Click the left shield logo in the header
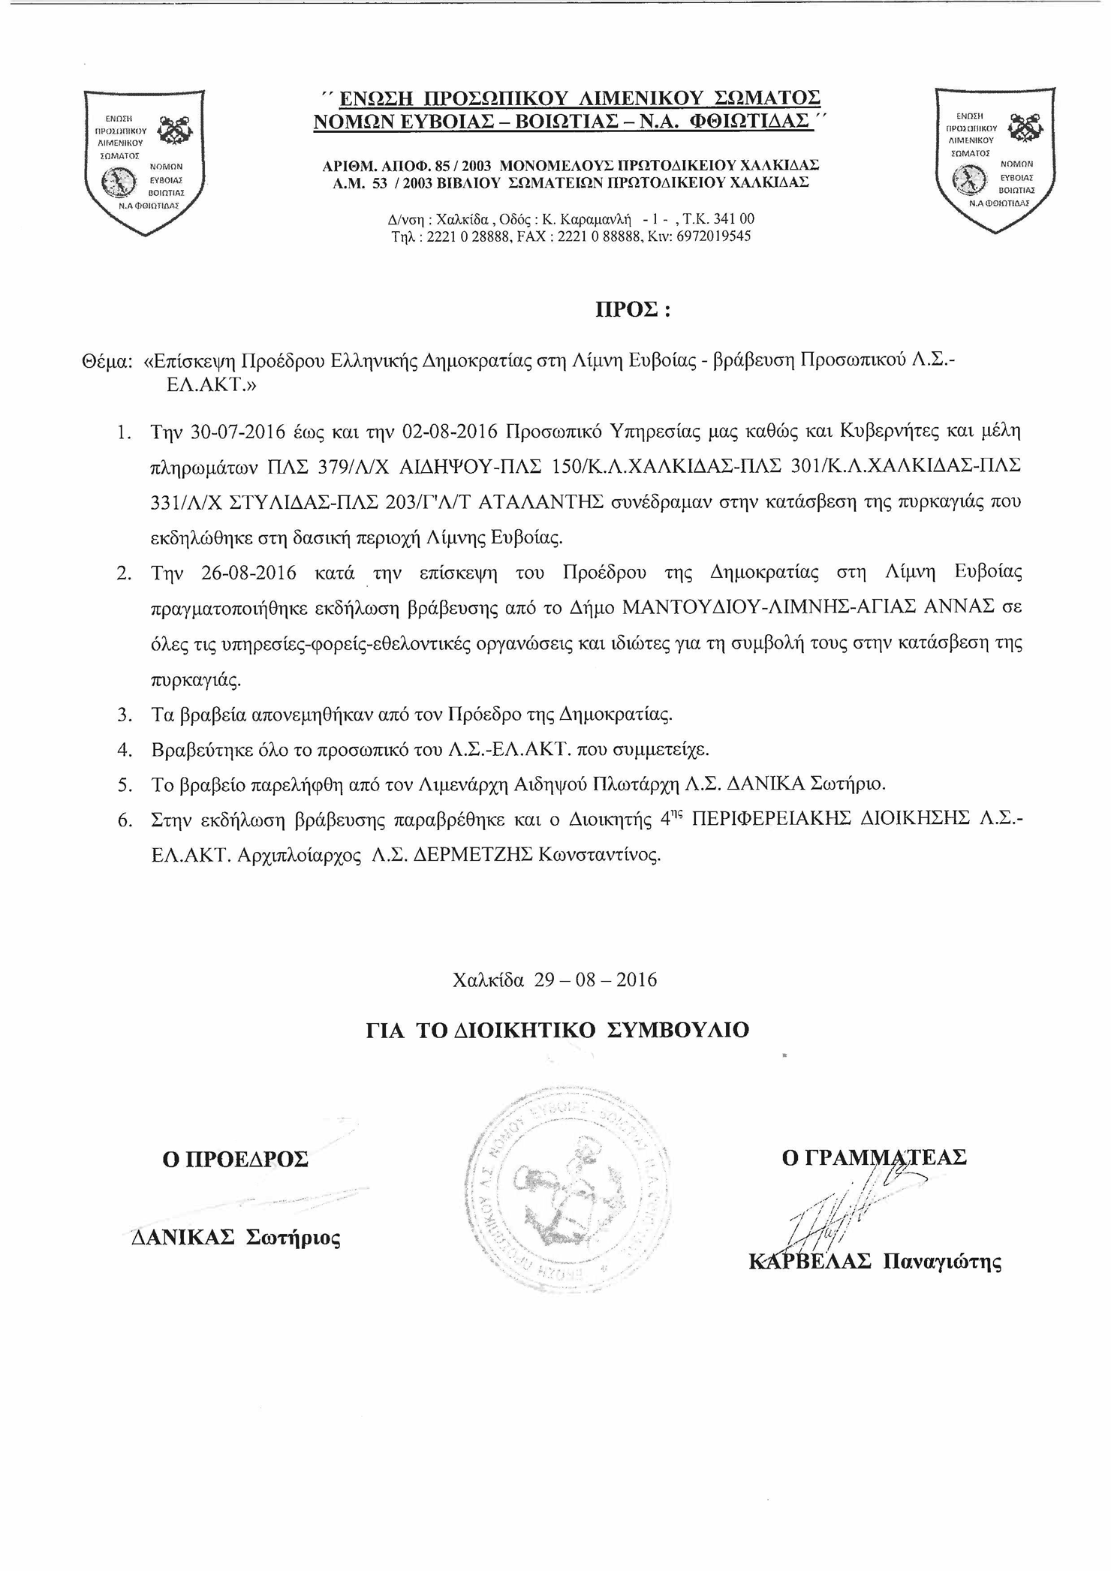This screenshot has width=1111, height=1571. (x=143, y=161)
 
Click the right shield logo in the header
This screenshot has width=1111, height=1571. (x=994, y=159)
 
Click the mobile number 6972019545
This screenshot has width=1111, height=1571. (x=712, y=236)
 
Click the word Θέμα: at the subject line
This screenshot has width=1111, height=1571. (x=107, y=361)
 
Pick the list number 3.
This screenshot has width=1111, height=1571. (x=125, y=715)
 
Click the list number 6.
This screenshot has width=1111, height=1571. (x=125, y=820)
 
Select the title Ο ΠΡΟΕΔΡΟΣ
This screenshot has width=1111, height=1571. (x=235, y=1160)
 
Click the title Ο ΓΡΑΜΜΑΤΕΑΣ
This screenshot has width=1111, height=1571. (x=874, y=1157)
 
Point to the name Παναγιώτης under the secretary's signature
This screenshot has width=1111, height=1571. (x=941, y=1262)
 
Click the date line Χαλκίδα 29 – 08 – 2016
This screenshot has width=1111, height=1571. (x=555, y=980)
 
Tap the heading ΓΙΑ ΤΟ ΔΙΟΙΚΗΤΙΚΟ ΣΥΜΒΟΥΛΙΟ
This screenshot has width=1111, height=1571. (x=557, y=1030)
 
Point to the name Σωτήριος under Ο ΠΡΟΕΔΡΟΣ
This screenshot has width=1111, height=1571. (x=293, y=1238)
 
